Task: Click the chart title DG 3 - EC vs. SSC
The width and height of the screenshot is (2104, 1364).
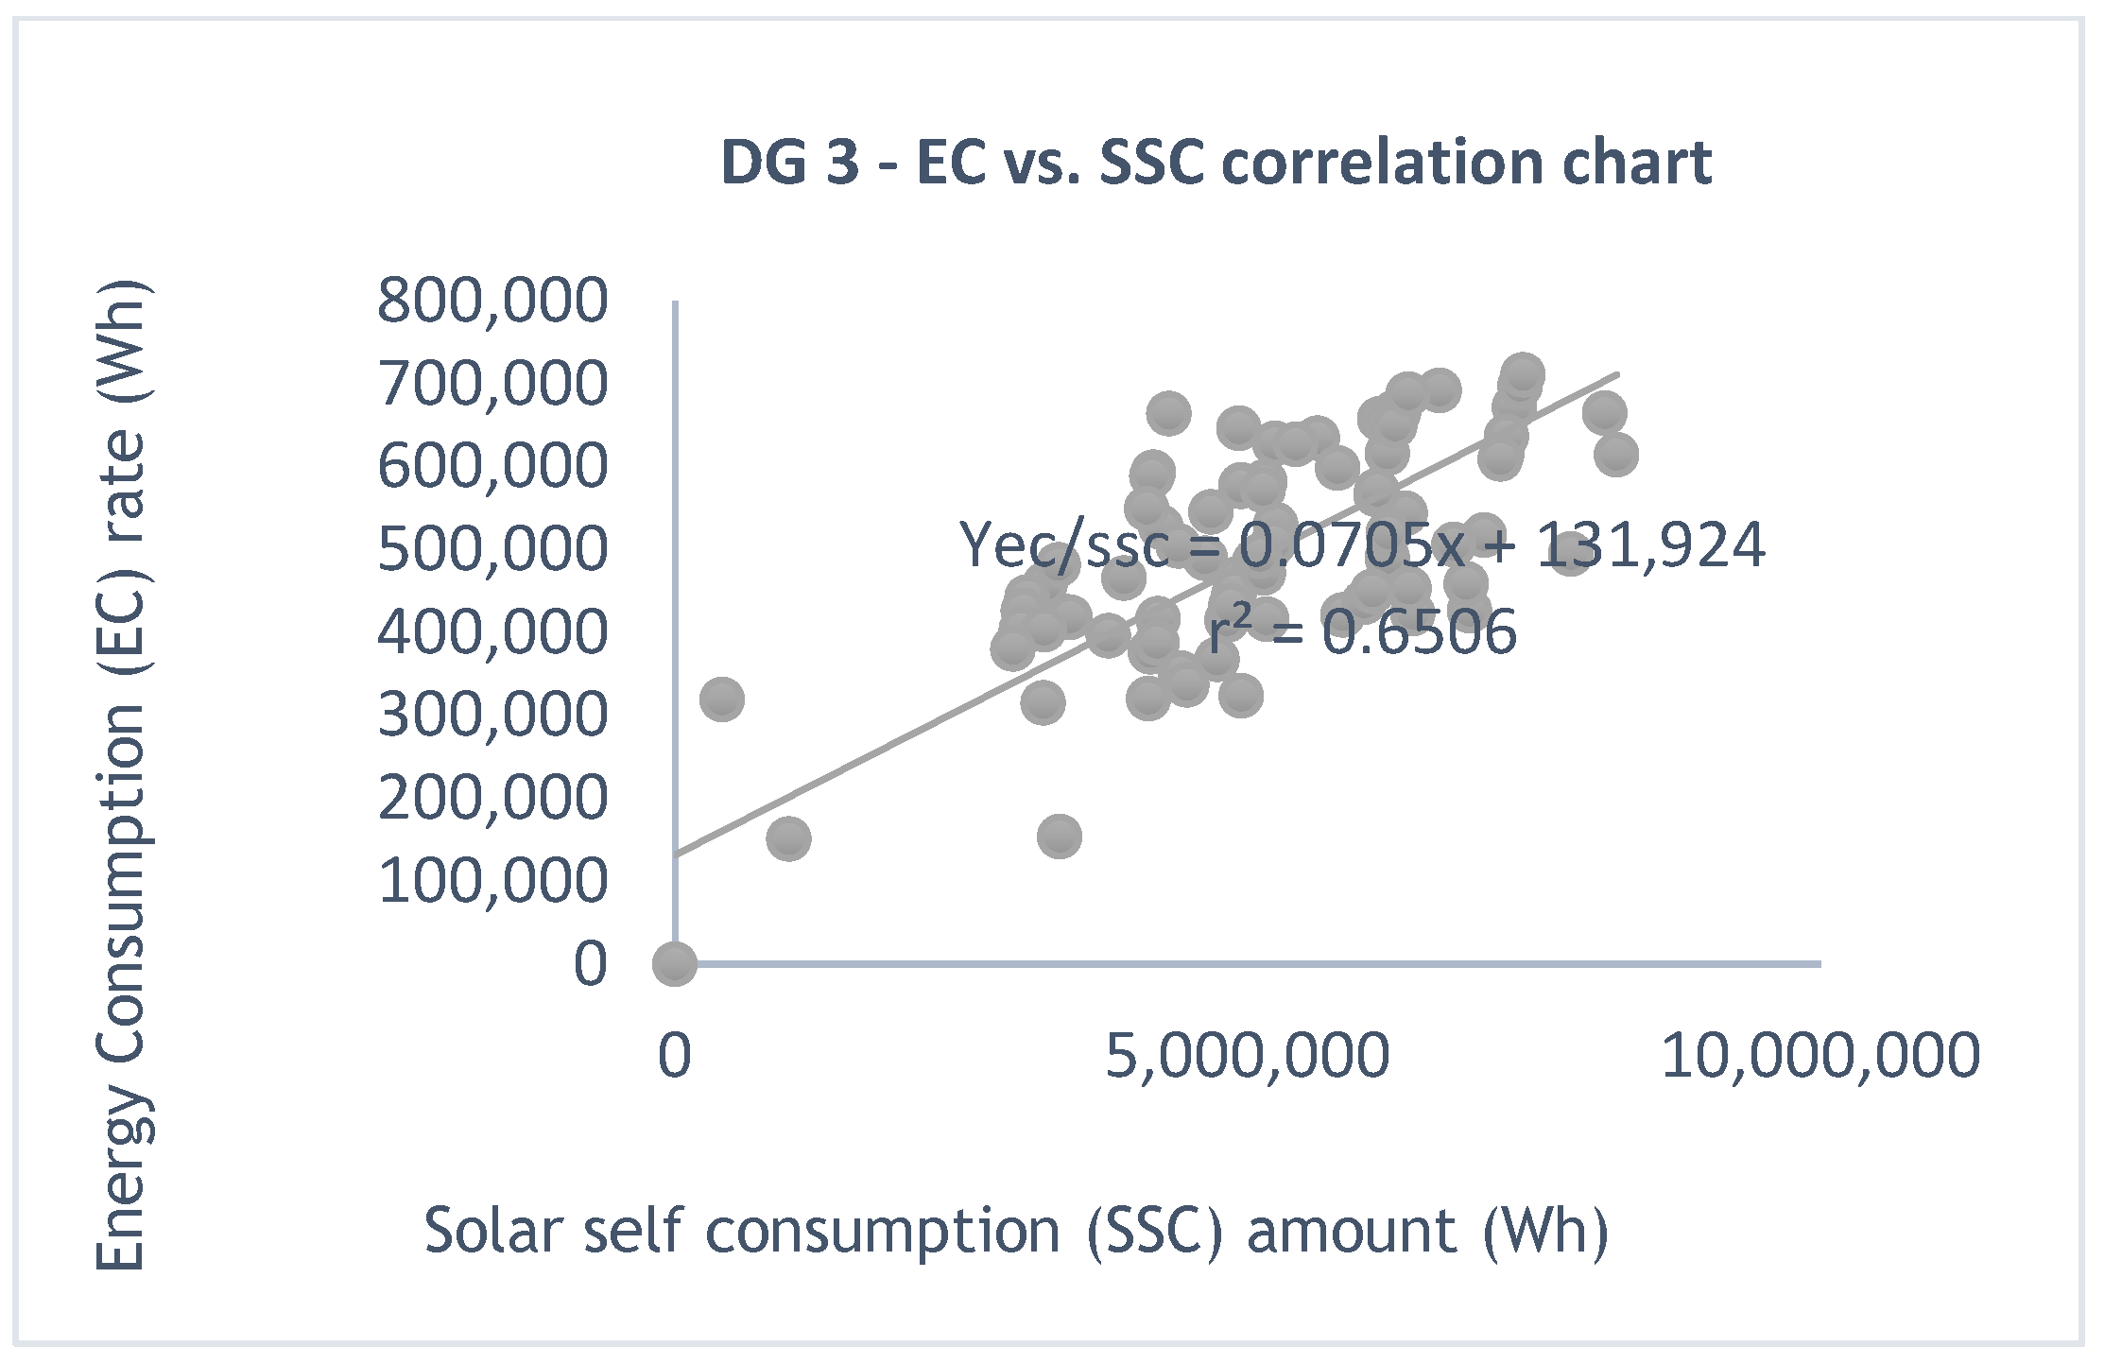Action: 1216,162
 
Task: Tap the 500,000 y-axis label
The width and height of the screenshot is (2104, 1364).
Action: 492,548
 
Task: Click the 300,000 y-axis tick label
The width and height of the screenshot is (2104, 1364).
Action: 492,715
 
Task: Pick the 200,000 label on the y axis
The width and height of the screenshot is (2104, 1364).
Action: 492,798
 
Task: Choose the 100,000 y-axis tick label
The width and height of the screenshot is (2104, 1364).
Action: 492,881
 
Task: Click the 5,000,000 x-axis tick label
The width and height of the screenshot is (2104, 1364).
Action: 1247,1055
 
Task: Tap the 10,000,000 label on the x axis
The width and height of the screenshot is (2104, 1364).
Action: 1819,1055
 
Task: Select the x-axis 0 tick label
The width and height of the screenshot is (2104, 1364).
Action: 674,1055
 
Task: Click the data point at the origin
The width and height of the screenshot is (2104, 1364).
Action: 675,964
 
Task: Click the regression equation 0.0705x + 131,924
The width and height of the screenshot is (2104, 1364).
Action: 1361,545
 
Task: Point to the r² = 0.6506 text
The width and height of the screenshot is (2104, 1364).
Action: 1361,631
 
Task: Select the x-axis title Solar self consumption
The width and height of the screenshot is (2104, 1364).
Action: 1016,1231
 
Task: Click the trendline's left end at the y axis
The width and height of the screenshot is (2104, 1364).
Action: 679,854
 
